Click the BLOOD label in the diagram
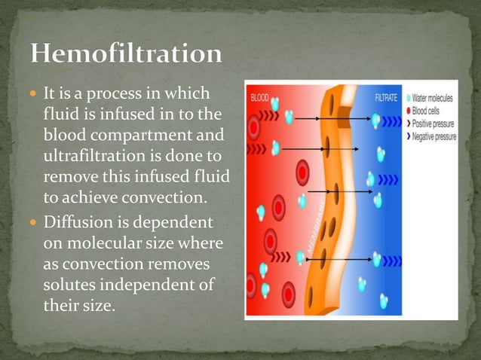click(x=260, y=96)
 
